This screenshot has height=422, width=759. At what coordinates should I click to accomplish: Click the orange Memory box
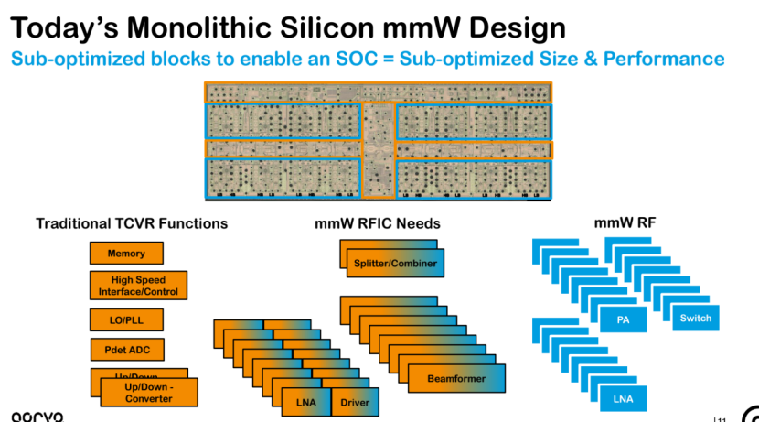click(x=126, y=254)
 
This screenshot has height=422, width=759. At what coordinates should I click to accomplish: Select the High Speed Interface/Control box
click(x=139, y=286)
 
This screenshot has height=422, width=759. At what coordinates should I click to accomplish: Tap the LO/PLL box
click(x=126, y=320)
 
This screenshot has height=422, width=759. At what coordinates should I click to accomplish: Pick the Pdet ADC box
click(x=126, y=350)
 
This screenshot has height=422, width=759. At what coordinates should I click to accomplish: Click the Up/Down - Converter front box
click(x=148, y=392)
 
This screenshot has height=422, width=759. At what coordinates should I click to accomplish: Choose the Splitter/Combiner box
click(x=395, y=264)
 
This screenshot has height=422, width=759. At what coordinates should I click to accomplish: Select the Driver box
click(x=354, y=402)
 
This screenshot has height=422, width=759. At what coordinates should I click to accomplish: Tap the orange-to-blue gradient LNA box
click(x=305, y=402)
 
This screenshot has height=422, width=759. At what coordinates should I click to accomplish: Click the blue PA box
click(x=622, y=319)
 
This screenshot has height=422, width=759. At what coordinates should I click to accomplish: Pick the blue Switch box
click(x=695, y=319)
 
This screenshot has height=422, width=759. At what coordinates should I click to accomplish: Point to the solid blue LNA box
click(x=622, y=398)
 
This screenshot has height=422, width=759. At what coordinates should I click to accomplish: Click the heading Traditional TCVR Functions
click(x=132, y=223)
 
